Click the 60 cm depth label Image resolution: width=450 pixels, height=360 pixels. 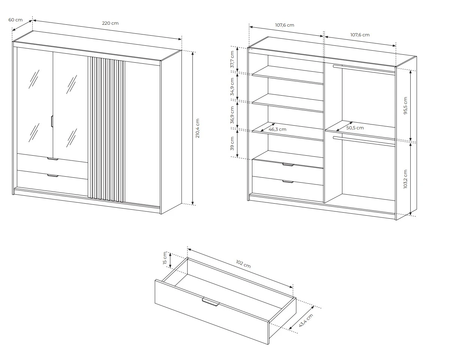coord(15,20)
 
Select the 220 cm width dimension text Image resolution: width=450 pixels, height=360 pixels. coord(110,23)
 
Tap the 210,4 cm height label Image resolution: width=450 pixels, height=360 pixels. coord(197,128)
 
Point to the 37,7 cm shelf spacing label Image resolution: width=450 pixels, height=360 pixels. coord(232,59)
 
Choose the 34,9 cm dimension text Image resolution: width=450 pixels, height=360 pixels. coord(232,87)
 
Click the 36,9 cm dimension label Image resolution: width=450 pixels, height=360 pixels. coord(232,115)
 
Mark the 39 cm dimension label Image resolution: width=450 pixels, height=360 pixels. coord(232,144)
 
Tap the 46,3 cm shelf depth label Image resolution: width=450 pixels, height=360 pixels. coord(277,129)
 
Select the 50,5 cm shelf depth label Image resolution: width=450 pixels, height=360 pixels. coord(355,128)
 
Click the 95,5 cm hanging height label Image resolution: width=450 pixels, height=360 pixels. coord(405,106)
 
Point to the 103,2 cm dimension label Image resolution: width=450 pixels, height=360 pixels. coord(405,179)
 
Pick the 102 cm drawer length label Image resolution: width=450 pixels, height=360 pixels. coord(243,264)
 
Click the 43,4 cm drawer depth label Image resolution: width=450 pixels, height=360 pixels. coord(306,320)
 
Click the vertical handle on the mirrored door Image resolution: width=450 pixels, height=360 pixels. coord(52,121)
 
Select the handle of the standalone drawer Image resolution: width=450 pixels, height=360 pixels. coord(211,302)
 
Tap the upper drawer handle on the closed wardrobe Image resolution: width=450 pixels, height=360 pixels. coord(53,159)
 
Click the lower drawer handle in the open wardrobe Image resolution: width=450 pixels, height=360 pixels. coord(288,182)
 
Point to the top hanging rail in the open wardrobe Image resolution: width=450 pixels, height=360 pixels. coord(364,69)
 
